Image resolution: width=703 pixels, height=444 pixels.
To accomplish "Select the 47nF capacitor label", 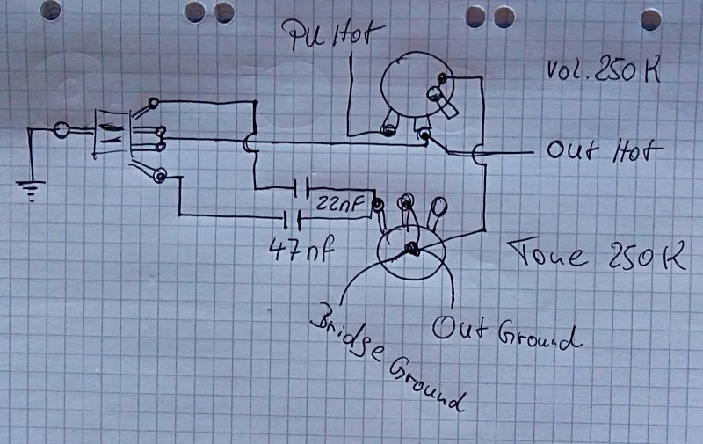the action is click(301, 250).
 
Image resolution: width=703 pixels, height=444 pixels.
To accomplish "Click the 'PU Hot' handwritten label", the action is click(332, 35).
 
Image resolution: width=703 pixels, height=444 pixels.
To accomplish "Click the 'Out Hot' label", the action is click(605, 150).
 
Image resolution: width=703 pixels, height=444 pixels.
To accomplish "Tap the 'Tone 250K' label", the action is click(598, 255).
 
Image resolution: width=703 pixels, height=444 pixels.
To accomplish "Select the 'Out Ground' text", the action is click(507, 332).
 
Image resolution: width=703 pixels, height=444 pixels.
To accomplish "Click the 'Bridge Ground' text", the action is click(388, 357).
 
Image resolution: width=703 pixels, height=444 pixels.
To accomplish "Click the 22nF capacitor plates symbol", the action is click(301, 187).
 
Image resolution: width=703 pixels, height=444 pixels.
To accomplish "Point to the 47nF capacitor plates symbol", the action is click(292, 220).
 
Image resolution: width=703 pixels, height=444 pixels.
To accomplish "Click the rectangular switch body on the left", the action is click(112, 134).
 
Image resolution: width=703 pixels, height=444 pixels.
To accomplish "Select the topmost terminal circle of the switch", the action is click(153, 104).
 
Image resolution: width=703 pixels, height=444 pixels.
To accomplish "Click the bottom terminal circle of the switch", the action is click(160, 175).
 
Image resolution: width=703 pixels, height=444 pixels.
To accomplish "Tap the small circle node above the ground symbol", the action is click(62, 130).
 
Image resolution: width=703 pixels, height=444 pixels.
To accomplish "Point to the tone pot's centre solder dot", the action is click(411, 248).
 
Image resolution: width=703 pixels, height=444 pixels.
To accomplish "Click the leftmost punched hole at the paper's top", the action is click(51, 10).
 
